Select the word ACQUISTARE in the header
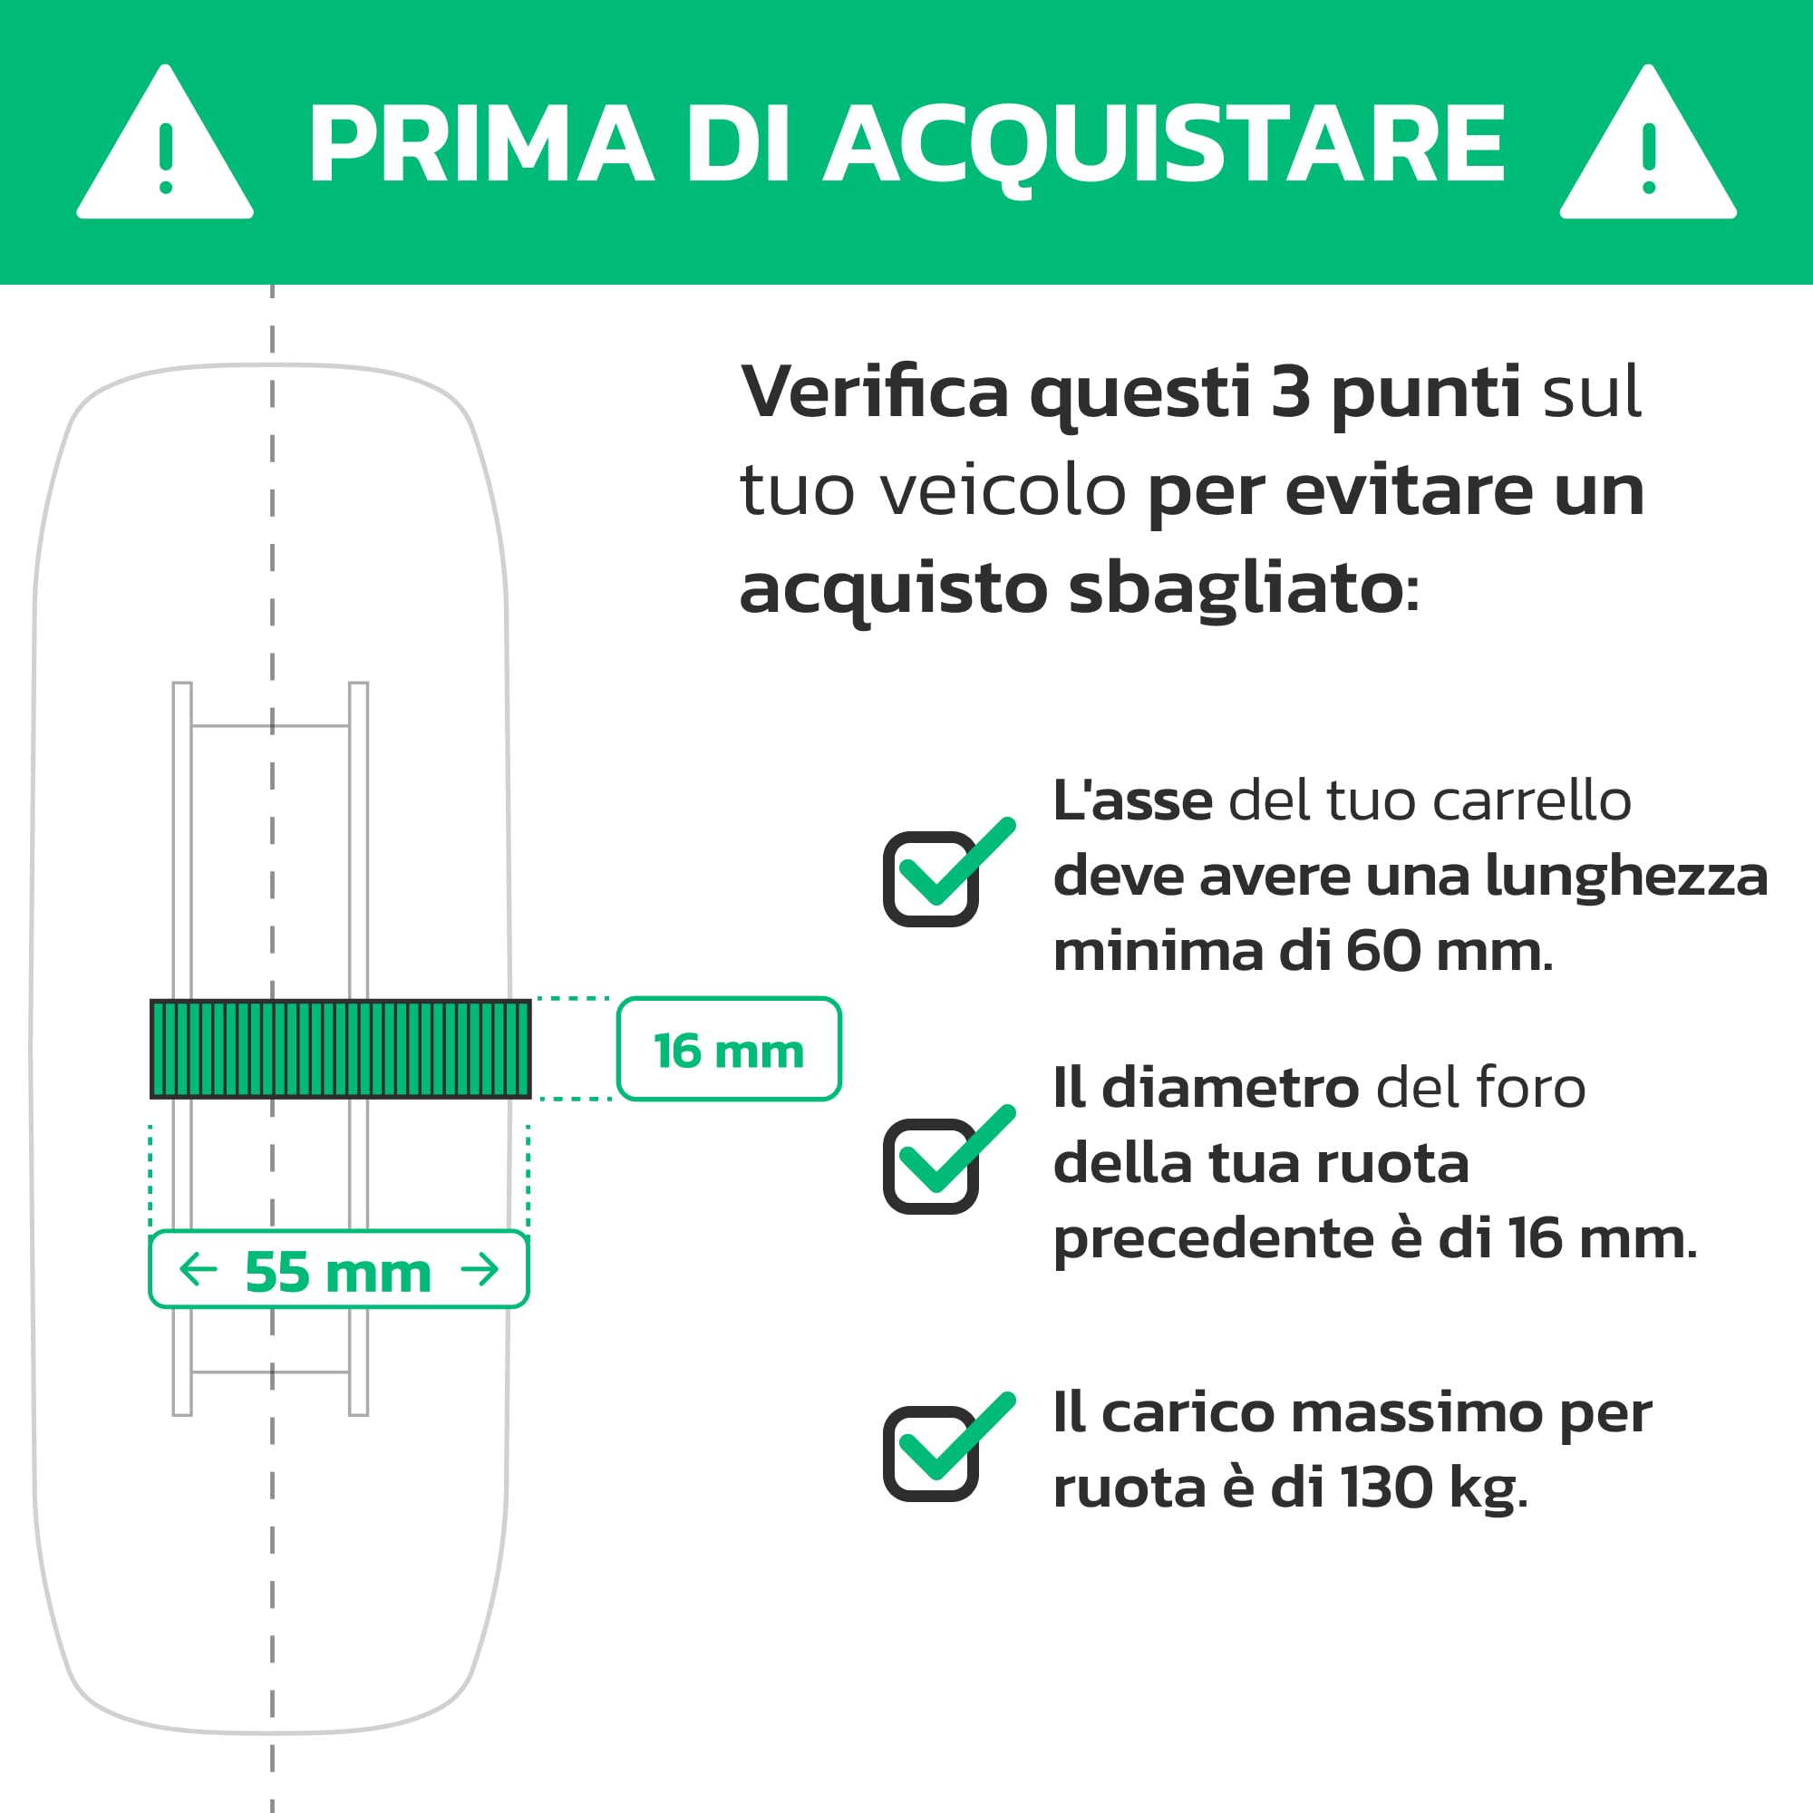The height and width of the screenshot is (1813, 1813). (x=1165, y=145)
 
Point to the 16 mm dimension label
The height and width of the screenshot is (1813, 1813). (x=728, y=1050)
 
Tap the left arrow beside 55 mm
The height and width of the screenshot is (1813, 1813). (x=198, y=1270)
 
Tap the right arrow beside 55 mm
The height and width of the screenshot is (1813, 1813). (x=480, y=1270)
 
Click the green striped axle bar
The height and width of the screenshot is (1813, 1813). (x=341, y=1048)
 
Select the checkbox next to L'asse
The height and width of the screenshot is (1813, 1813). (x=931, y=878)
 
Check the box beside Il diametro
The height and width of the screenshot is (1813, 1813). (x=931, y=1166)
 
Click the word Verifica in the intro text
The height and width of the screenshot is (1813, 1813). (x=875, y=393)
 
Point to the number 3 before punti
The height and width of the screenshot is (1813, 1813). (x=1290, y=393)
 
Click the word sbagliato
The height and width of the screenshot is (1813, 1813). (x=1235, y=589)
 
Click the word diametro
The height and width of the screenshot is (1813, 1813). (x=1229, y=1089)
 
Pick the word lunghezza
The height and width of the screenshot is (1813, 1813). (x=1626, y=877)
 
